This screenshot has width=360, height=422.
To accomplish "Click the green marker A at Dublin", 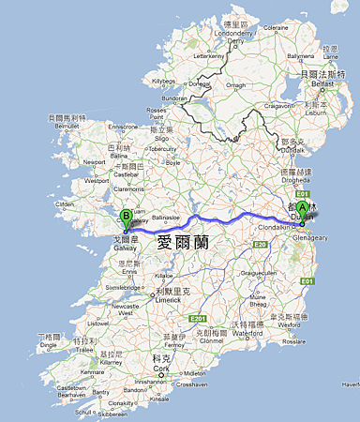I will pos(302,211).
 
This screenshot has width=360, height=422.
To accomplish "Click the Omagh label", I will pos(232,86).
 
